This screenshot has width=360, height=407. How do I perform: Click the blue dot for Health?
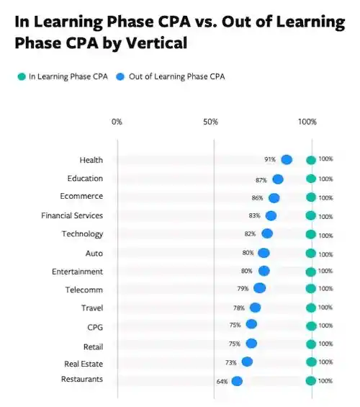(x=287, y=160)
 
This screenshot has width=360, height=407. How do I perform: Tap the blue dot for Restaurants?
(x=237, y=381)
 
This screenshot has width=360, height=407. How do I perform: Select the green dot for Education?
(x=310, y=179)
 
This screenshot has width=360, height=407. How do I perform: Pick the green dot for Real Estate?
(x=310, y=362)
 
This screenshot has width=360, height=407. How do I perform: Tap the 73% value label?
(x=231, y=363)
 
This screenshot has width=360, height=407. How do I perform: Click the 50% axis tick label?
(x=210, y=122)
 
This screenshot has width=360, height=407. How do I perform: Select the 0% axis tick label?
(x=117, y=122)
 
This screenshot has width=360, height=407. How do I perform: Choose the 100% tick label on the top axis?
(x=307, y=122)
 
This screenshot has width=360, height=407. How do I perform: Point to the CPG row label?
(x=94, y=327)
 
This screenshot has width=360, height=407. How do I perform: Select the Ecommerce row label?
(x=81, y=196)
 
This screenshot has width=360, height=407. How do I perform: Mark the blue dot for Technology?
(x=267, y=233)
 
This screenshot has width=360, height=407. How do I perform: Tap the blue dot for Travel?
(x=255, y=308)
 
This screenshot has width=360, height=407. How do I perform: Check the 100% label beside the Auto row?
(x=325, y=254)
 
